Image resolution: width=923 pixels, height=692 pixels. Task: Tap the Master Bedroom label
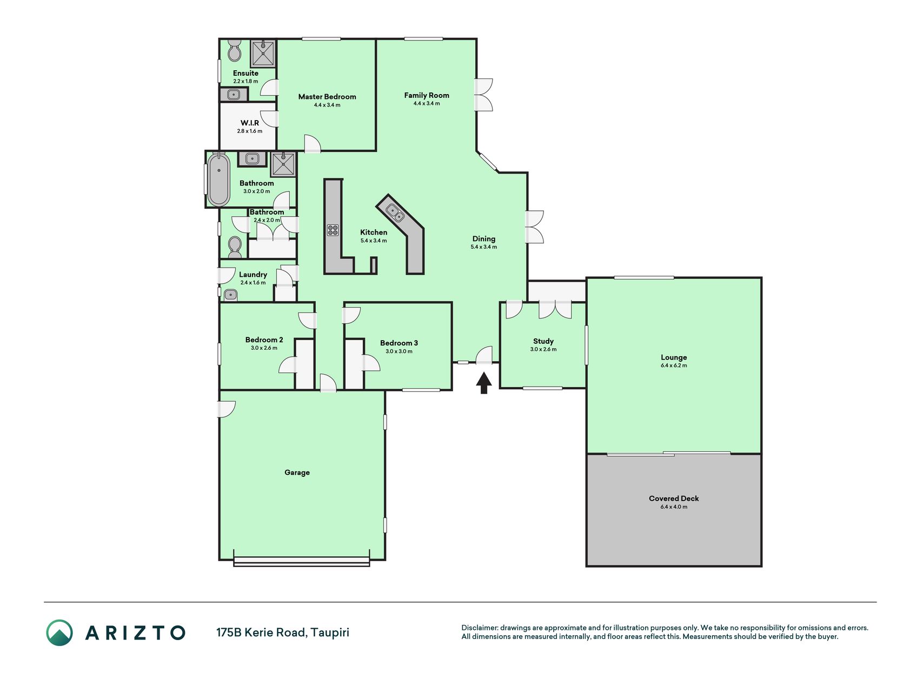[327, 97]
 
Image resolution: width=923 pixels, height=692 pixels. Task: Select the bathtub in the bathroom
[218, 179]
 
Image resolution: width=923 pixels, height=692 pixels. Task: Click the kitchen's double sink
[395, 213]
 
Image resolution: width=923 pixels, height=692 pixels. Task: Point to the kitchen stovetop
[333, 230]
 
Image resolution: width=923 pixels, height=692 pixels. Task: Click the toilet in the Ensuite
[234, 50]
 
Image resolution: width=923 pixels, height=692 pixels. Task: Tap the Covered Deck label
[674, 498]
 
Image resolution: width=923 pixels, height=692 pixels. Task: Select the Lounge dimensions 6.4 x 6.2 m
[674, 365]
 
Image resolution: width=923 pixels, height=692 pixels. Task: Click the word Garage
[297, 473]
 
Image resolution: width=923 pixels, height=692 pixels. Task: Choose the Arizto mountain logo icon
[59, 633]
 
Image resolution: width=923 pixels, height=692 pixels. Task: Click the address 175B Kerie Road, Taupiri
[283, 632]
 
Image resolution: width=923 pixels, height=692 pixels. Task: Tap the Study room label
[543, 341]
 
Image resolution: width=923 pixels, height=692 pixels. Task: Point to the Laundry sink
[230, 295]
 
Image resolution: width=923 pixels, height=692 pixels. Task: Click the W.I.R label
[249, 123]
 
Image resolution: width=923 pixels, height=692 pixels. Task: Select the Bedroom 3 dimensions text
[399, 351]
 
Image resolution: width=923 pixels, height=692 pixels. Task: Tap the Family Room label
[427, 95]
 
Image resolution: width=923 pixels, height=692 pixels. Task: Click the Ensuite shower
[263, 53]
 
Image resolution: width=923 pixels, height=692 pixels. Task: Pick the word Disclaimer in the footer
[479, 628]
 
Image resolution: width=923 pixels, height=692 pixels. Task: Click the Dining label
[484, 238]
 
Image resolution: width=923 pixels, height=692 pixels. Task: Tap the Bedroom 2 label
[264, 340]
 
